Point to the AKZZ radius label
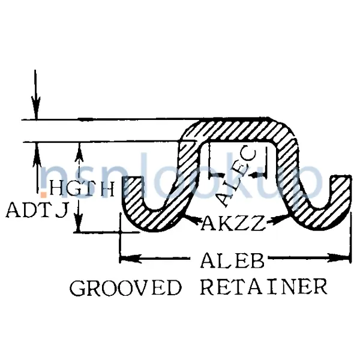point(232,223)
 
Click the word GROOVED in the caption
point(125,289)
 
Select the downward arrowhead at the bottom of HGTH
point(77,226)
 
